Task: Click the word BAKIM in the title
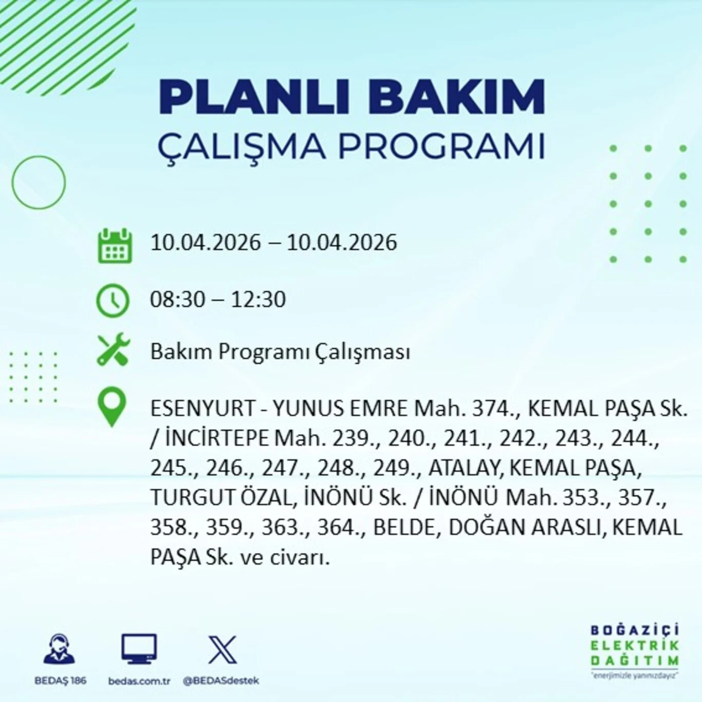456,97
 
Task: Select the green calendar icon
115,247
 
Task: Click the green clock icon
113,300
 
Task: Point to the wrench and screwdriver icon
114,350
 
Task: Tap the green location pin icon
112,407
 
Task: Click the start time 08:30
177,300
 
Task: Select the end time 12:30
258,300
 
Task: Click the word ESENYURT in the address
203,409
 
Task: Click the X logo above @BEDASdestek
223,650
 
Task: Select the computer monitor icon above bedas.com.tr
139,649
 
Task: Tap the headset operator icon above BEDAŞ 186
60,649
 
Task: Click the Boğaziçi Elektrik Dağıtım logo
635,650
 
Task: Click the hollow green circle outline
39,182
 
